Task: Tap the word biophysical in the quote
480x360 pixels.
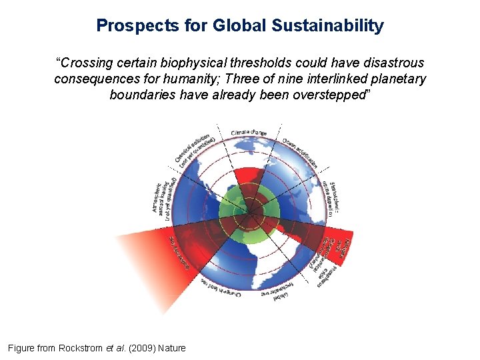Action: click(183, 63)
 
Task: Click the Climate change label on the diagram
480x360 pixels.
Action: click(249, 133)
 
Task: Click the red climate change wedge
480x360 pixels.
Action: click(247, 177)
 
